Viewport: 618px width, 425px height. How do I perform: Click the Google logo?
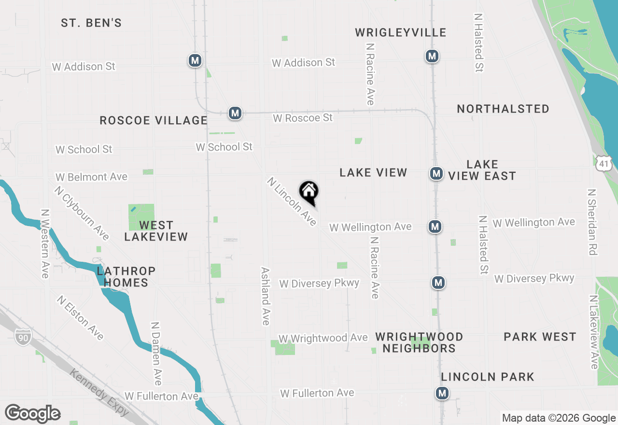[32, 413]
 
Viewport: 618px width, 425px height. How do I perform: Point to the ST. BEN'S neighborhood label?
[91, 23]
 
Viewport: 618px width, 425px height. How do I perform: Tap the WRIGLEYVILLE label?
[400, 32]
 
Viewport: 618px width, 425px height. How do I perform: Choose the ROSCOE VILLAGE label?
[154, 120]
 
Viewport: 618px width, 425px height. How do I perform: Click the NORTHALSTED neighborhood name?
[503, 109]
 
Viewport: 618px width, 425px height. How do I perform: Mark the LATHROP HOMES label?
[126, 277]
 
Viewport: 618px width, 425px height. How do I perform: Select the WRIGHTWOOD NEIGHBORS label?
[419, 342]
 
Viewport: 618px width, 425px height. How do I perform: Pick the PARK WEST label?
[540, 337]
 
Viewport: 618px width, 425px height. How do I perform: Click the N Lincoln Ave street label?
[292, 202]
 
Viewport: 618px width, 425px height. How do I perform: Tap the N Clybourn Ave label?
[82, 213]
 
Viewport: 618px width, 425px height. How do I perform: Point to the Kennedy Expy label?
[99, 393]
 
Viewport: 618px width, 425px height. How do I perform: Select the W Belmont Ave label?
[91, 177]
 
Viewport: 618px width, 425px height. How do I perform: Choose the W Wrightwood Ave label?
[323, 338]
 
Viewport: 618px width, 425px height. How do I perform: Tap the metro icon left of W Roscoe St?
[235, 113]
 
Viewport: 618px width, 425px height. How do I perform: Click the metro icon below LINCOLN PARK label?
[442, 393]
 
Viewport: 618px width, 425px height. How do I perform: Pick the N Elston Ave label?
[80, 318]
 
